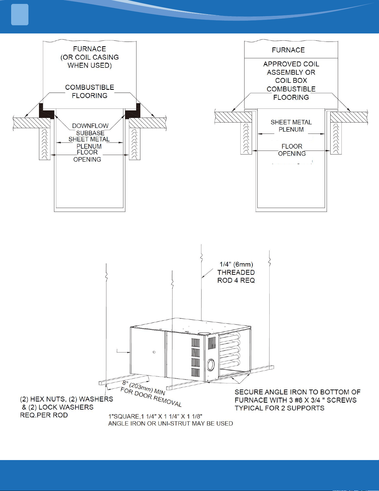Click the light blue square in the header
pyautogui.click(x=20, y=15)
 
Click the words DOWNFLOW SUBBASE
pyautogui.click(x=90, y=129)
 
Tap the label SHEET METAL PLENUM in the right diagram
pyautogui.click(x=291, y=126)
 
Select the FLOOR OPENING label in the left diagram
pyautogui.click(x=87, y=156)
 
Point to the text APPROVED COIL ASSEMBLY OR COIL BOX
pyautogui.click(x=291, y=72)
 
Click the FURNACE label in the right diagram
pyautogui.click(x=288, y=50)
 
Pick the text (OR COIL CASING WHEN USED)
pyautogui.click(x=90, y=61)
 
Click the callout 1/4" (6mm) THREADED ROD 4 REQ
pyautogui.click(x=236, y=272)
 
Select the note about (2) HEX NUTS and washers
pyautogui.click(x=67, y=407)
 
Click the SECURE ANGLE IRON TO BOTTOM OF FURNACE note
pyautogui.click(x=297, y=400)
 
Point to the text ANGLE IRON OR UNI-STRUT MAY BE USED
pyautogui.click(x=170, y=424)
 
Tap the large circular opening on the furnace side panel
pyautogui.click(x=211, y=365)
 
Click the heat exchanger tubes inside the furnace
pyautogui.click(x=229, y=350)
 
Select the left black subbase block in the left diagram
pyautogui.click(x=46, y=111)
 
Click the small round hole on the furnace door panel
pyautogui.click(x=154, y=352)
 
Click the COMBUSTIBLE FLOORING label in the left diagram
pyautogui.click(x=90, y=91)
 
